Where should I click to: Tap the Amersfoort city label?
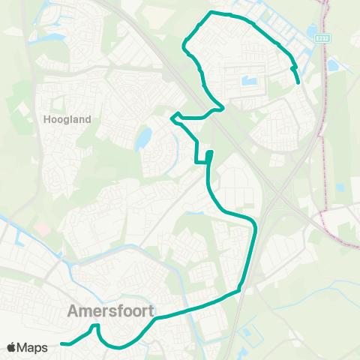point(110,310)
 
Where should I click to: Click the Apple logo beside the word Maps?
point(12,347)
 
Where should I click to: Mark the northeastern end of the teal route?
point(298,82)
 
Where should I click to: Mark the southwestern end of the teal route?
point(61,344)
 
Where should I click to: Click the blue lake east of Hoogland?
point(143,138)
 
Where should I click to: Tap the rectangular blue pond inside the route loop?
point(249,81)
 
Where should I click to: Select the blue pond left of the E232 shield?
point(313,32)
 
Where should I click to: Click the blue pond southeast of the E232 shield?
point(332,66)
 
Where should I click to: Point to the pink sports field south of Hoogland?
point(41,227)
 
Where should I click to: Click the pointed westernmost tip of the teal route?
point(172,116)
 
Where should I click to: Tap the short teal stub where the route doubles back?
point(209,155)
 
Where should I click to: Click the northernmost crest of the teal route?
point(213,12)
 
